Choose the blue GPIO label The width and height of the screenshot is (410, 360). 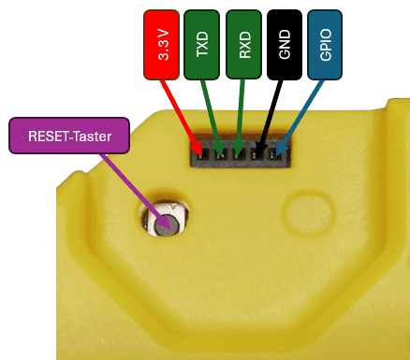[x=325, y=44]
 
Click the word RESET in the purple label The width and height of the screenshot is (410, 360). [x=55, y=137]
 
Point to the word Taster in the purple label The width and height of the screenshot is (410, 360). [x=94, y=137]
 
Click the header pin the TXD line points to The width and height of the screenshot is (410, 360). [x=221, y=153]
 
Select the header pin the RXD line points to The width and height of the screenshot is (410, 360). [x=241, y=153]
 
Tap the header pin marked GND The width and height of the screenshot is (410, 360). [x=260, y=153]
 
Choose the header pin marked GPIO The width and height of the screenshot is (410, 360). [x=279, y=153]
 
